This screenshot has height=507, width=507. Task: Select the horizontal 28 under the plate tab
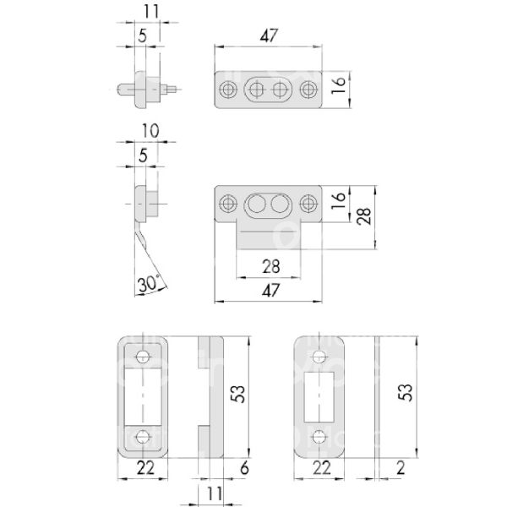tap(268, 267)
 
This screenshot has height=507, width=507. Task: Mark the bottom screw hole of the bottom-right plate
tap(319, 436)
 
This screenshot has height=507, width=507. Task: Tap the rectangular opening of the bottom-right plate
tap(319, 395)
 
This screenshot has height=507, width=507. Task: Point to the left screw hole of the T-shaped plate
tap(228, 203)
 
